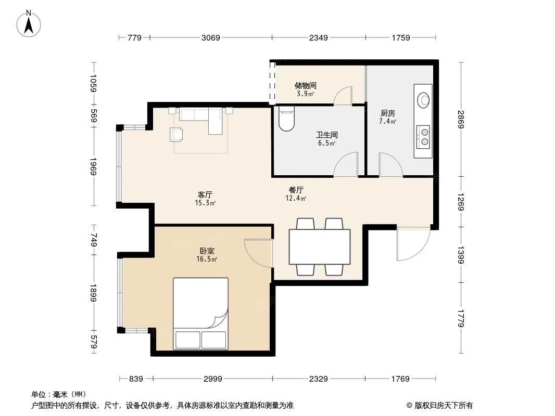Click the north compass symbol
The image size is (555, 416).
click(x=30, y=23)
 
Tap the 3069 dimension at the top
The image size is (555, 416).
click(x=211, y=37)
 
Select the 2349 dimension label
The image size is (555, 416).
click(x=318, y=37)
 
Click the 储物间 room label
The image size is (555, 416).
click(x=305, y=86)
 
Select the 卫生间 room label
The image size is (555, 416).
click(x=327, y=135)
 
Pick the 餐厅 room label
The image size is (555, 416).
click(x=296, y=190)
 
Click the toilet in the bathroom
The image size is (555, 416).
click(x=286, y=119)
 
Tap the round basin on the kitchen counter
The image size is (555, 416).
click(x=424, y=99)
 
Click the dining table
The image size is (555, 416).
click(x=320, y=246)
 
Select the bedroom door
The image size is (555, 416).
click(x=259, y=253)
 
